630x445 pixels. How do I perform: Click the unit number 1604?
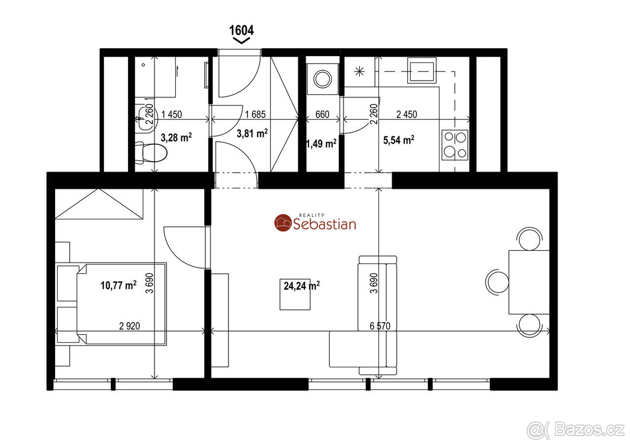(241, 30)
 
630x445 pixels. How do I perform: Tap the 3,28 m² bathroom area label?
(176, 137)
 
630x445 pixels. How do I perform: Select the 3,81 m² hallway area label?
(252, 133)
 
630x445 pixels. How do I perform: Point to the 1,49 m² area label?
(321, 144)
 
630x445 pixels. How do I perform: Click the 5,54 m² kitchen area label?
(398, 140)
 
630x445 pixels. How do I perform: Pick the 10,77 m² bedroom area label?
(119, 285)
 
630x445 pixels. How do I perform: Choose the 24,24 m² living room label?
(301, 286)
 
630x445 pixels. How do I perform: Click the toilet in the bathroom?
(151, 153)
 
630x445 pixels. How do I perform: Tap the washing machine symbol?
(322, 79)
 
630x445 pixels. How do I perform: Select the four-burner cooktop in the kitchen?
(455, 145)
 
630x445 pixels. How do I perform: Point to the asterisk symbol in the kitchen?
(360, 72)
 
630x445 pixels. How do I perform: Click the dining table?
(529, 282)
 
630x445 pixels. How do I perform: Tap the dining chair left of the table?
(497, 282)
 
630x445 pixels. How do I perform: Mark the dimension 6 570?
(380, 326)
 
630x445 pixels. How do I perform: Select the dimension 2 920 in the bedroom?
(129, 326)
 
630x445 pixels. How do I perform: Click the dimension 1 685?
(255, 114)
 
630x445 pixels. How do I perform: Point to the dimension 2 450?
(406, 114)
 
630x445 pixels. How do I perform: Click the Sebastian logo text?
(324, 224)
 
